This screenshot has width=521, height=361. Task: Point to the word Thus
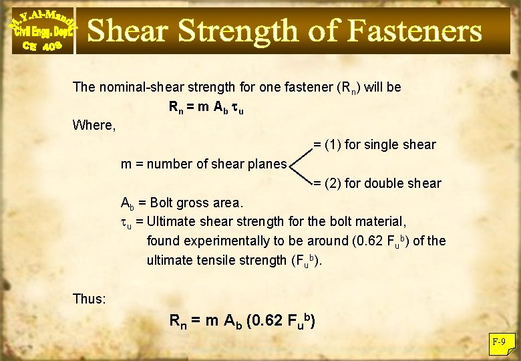(89, 299)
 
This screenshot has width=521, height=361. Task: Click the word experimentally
(222, 241)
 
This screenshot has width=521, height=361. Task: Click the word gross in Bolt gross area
(195, 202)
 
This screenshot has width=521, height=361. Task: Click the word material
(383, 221)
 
